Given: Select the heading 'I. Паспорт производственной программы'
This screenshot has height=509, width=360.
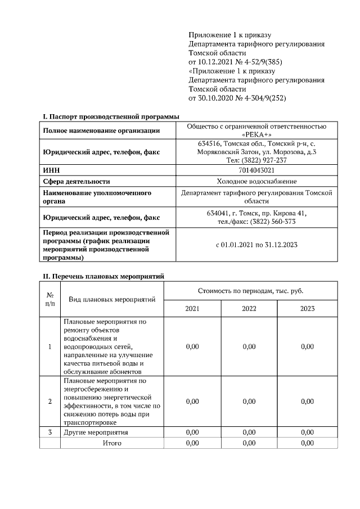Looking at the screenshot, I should [x=111, y=116].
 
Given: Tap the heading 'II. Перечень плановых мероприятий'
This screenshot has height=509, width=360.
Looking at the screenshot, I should [x=103, y=276].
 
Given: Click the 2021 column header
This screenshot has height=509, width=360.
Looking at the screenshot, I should [x=192, y=309].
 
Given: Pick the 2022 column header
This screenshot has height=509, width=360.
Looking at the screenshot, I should [x=249, y=309].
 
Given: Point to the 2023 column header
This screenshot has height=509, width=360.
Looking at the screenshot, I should [x=307, y=309].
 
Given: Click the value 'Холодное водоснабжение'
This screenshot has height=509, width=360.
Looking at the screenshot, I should [x=256, y=181].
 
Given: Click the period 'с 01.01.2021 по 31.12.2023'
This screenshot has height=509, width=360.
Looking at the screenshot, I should [x=256, y=245].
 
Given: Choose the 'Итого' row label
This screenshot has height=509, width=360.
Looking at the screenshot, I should [x=112, y=443].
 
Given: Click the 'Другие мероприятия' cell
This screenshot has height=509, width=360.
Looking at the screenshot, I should [x=96, y=433].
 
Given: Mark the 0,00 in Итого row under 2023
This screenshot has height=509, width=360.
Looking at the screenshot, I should [x=307, y=443].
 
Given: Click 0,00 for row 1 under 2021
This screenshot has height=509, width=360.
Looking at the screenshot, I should [x=192, y=346].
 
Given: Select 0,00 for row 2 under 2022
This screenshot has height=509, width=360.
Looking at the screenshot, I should [x=249, y=401].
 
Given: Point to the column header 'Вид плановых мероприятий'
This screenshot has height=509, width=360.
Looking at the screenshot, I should [x=112, y=300].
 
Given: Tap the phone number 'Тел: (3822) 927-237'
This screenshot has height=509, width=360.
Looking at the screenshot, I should [x=256, y=160].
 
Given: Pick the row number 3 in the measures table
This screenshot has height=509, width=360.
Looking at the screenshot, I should [x=49, y=433].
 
